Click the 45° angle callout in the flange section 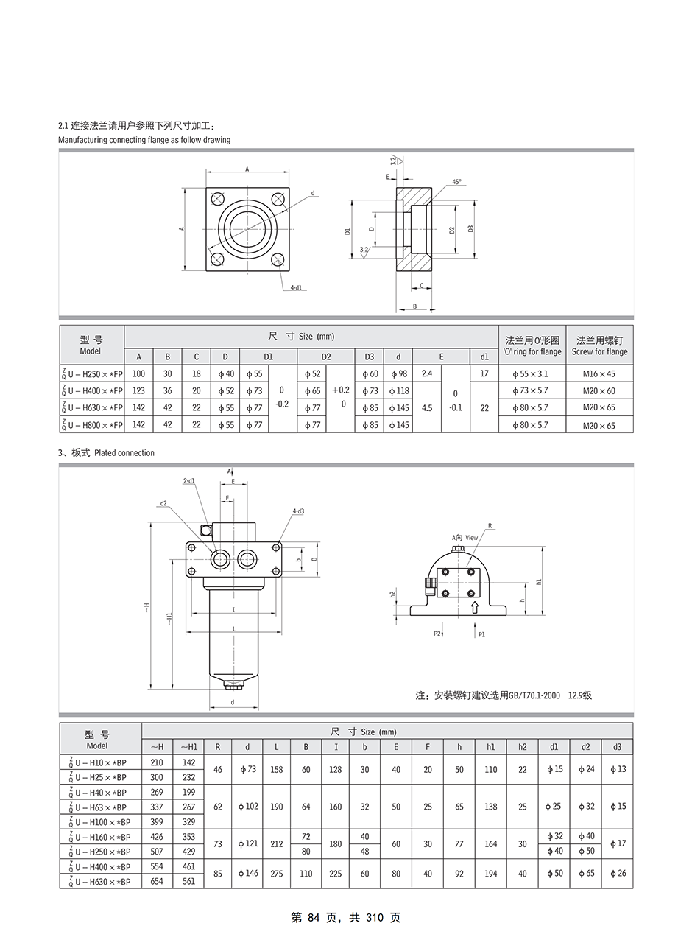[x=456, y=182]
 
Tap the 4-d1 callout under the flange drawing [x=296, y=287]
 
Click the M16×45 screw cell [x=599, y=373]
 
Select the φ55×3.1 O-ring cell [x=532, y=373]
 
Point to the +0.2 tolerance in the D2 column [x=341, y=390]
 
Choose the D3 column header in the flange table [x=370, y=357]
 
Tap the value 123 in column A [x=138, y=390]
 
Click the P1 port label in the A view [x=481, y=634]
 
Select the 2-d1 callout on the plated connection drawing [x=189, y=481]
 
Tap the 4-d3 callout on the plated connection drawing [x=298, y=511]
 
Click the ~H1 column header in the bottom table [x=188, y=746]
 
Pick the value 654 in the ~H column [x=157, y=881]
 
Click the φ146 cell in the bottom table [x=247, y=874]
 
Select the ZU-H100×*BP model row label [x=100, y=821]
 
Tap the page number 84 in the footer [x=314, y=917]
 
